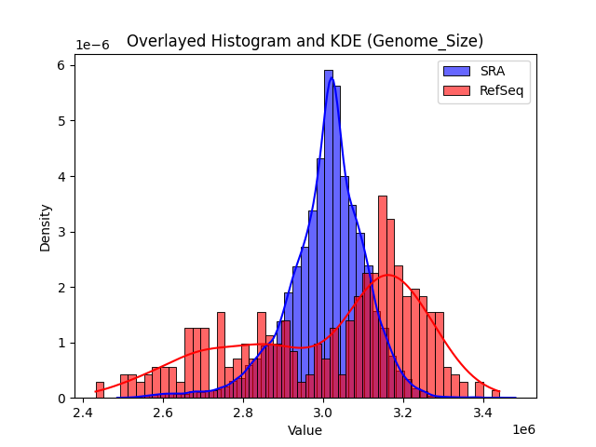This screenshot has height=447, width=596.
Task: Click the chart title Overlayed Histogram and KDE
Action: pos(305,41)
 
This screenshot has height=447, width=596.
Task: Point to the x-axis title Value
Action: pos(305,431)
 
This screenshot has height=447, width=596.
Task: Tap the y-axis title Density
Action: pos(46,228)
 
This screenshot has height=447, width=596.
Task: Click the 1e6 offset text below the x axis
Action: pos(524,430)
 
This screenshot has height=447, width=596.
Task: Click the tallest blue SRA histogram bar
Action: pos(329,233)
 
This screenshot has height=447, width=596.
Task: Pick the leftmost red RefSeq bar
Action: pos(100,390)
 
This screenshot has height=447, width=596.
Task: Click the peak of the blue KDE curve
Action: pos(331,78)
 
